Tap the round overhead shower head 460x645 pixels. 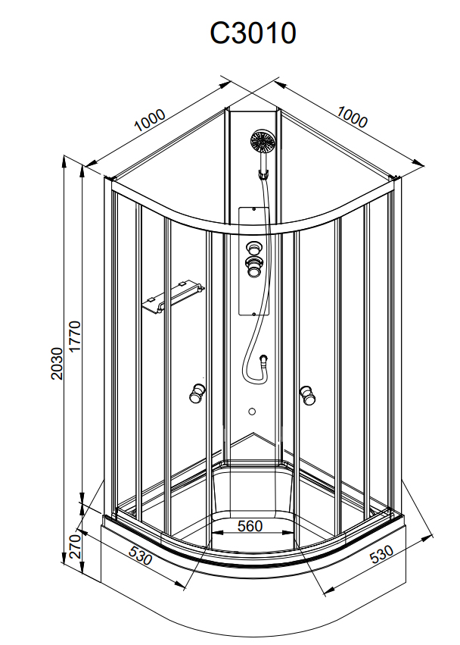[x=263, y=142]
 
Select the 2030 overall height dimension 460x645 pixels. [x=57, y=364]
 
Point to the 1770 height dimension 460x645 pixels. [x=75, y=337]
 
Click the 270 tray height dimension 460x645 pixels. [x=75, y=546]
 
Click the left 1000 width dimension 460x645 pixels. [x=150, y=120]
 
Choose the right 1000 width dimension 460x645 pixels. [x=352, y=117]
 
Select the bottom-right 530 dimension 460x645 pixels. [x=381, y=554]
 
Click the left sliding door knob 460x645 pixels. [x=197, y=393]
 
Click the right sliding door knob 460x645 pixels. [x=307, y=396]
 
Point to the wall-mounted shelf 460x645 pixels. [x=172, y=297]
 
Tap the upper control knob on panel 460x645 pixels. [x=253, y=248]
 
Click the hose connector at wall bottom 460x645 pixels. [x=264, y=360]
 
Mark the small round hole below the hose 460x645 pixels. [x=252, y=411]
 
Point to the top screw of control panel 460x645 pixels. [x=254, y=209]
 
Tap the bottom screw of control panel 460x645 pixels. [x=254, y=314]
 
